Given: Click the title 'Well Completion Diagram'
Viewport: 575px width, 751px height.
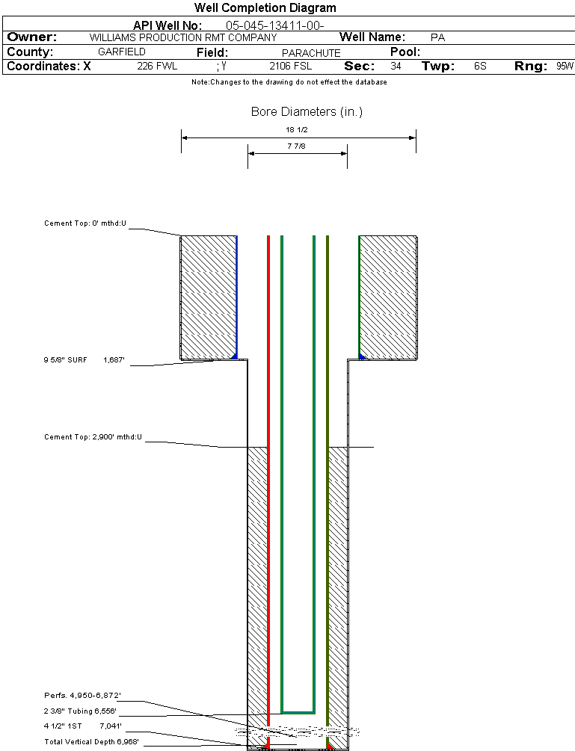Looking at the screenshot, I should tap(265, 8).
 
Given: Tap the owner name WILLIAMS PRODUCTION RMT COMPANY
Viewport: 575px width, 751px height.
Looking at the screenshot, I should tap(182, 37).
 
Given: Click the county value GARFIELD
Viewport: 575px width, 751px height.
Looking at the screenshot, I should tap(122, 52).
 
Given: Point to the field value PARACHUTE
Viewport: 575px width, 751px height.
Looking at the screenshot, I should tap(311, 53).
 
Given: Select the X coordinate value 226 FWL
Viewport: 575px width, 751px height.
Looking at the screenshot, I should tap(157, 67).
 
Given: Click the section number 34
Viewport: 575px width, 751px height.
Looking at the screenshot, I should tap(396, 67).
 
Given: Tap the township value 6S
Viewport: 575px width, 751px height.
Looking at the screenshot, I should tap(480, 67).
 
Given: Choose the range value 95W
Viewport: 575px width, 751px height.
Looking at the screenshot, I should tap(565, 67).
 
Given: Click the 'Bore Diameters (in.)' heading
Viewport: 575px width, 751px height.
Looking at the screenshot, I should tap(307, 112).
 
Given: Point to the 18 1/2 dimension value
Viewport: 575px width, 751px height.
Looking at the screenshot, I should tap(298, 130).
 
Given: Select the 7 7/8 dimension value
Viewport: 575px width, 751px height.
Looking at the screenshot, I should tap(297, 146).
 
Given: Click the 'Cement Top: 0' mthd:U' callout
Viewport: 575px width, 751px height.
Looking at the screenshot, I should tap(85, 223).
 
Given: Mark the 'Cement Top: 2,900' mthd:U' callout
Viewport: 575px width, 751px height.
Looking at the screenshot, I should tap(93, 436).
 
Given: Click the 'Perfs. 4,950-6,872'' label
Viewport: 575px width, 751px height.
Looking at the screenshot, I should tap(82, 696).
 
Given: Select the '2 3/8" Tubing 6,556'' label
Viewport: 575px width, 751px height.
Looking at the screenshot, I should tap(80, 711).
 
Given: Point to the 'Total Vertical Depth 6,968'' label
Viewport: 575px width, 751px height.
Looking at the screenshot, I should tap(91, 741).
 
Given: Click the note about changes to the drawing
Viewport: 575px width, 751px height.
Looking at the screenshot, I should tap(289, 82).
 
